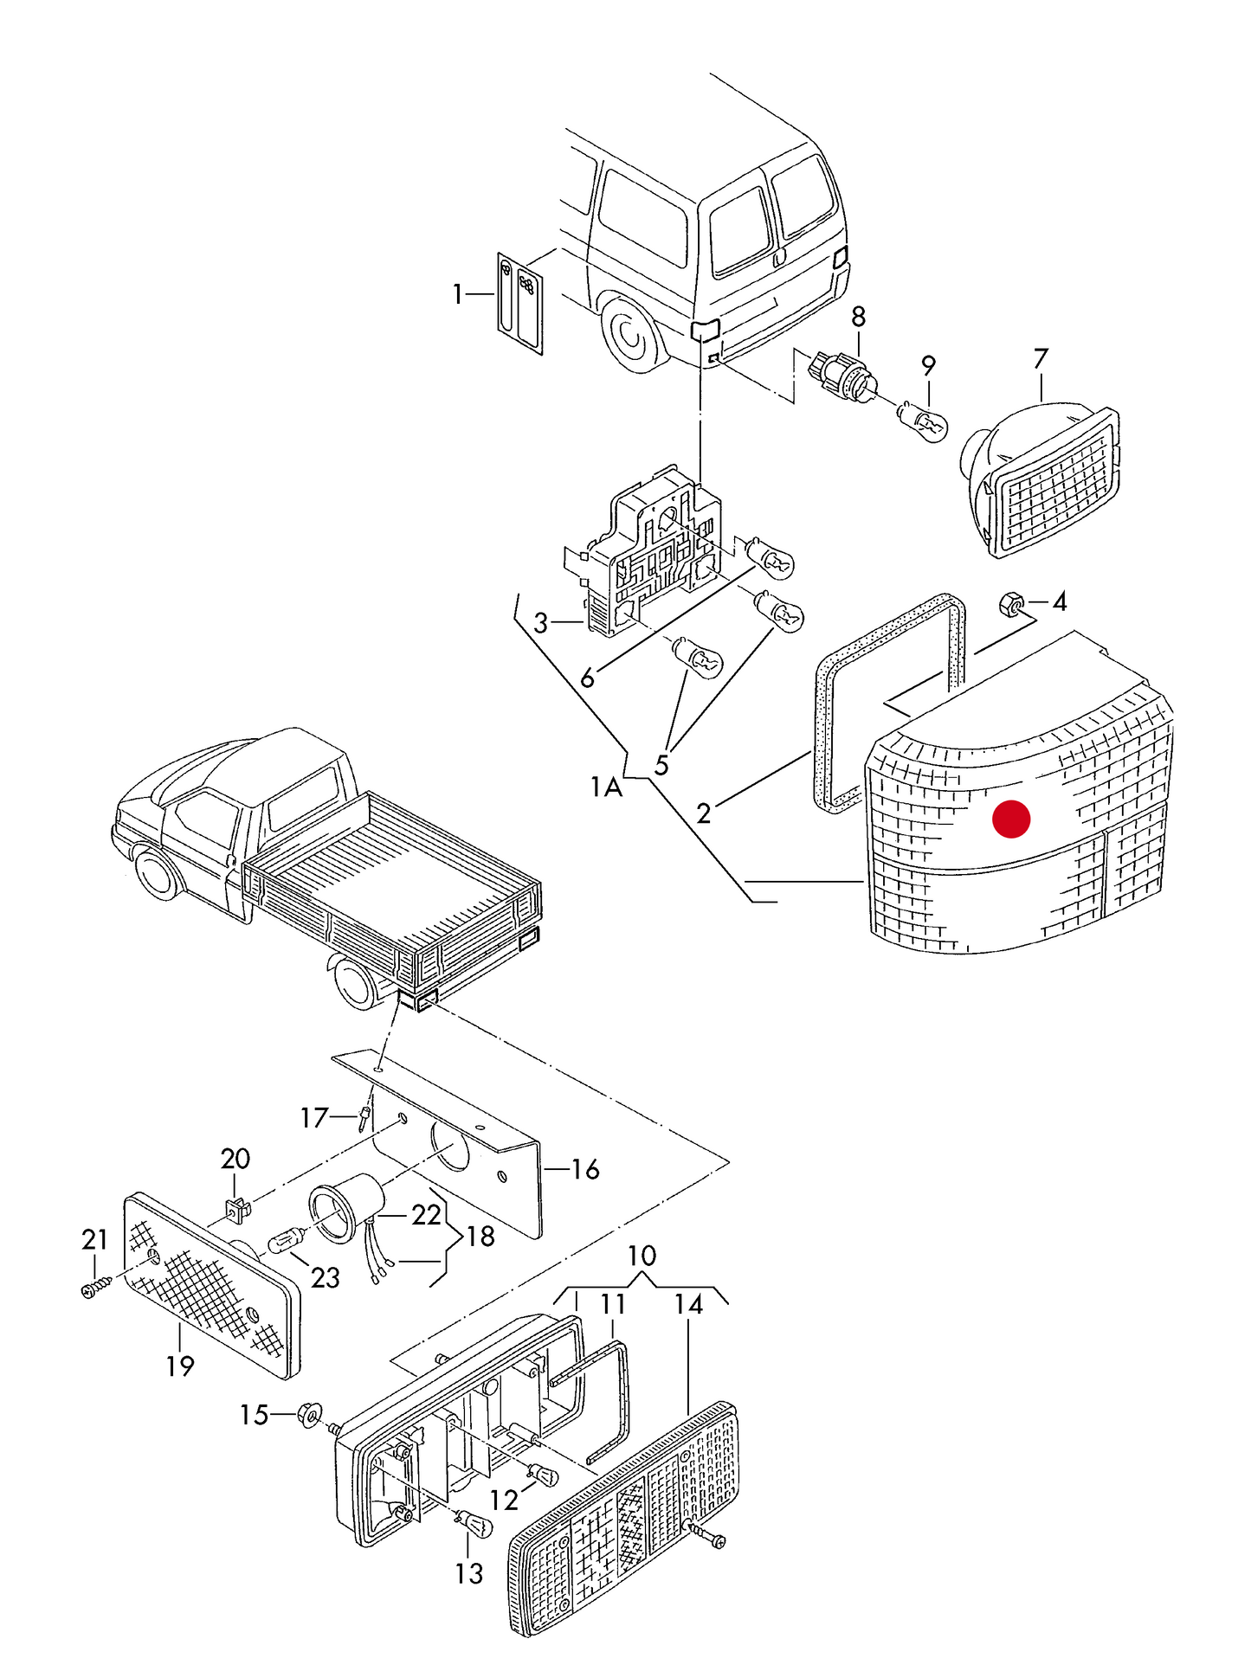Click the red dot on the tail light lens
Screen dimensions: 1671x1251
1010,819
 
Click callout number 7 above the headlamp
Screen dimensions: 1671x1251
1040,358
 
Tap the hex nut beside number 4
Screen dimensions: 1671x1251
1009,604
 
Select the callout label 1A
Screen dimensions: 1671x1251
606,787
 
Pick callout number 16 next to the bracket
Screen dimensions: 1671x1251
585,1169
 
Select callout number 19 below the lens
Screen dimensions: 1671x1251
180,1366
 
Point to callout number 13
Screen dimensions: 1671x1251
468,1572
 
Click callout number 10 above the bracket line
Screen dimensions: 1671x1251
642,1256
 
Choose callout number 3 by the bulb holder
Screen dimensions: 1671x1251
541,622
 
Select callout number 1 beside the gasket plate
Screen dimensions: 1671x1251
458,295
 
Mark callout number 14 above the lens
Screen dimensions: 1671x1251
689,1304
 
